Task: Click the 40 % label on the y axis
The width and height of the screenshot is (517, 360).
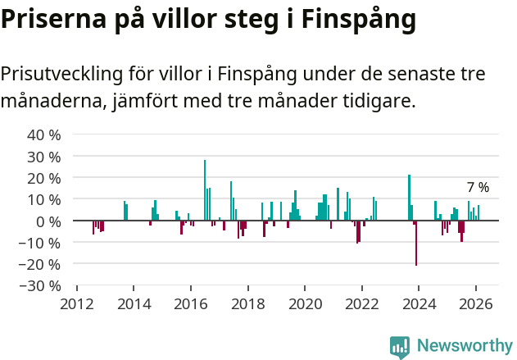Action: pyautogui.click(x=44, y=134)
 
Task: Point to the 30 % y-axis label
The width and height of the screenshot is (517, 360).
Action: pyautogui.click(x=44, y=156)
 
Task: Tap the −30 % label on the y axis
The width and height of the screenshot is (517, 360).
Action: pyautogui.click(x=41, y=285)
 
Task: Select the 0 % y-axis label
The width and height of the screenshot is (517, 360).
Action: pyautogui.click(x=48, y=221)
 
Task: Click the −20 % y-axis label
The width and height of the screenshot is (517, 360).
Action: pyautogui.click(x=41, y=264)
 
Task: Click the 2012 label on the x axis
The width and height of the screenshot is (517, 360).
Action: pyautogui.click(x=77, y=303)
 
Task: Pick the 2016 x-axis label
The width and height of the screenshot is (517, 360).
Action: pyautogui.click(x=191, y=303)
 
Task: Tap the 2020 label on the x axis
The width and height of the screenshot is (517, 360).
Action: pyautogui.click(x=305, y=303)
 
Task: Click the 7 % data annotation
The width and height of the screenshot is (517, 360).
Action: pyautogui.click(x=478, y=188)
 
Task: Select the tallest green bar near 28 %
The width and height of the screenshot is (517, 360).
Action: pyautogui.click(x=205, y=190)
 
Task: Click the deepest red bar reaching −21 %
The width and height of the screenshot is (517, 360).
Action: pyautogui.click(x=416, y=243)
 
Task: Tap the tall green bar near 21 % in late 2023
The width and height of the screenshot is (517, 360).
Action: pyautogui.click(x=409, y=198)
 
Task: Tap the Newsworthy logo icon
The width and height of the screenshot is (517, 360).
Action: pyautogui.click(x=400, y=346)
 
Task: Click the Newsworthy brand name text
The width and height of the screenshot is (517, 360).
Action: pyautogui.click(x=465, y=346)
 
